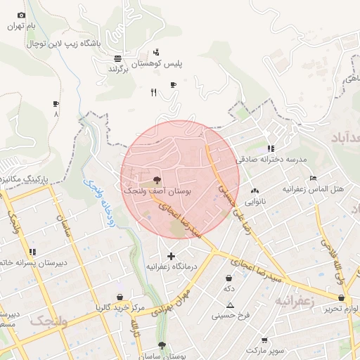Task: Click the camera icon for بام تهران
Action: pyautogui.click(x=21, y=15)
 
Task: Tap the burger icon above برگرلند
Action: pyautogui.click(x=117, y=58)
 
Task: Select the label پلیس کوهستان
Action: pyautogui.click(x=168, y=64)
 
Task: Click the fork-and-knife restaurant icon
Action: pyautogui.click(x=153, y=92)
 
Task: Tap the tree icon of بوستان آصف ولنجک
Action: pyautogui.click(x=156, y=180)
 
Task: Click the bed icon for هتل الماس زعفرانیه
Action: pyautogui.click(x=313, y=179)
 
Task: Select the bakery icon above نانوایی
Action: pyautogui.click(x=255, y=191)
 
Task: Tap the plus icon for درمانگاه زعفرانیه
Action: pyautogui.click(x=171, y=256)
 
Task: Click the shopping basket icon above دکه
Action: pyautogui.click(x=229, y=278)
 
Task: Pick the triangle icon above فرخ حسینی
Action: pyautogui.click(x=230, y=305)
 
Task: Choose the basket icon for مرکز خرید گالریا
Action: pyautogui.click(x=120, y=297)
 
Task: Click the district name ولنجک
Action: pyautogui.click(x=49, y=321)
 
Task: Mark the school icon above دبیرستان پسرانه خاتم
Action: pyautogui.click(x=32, y=252)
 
